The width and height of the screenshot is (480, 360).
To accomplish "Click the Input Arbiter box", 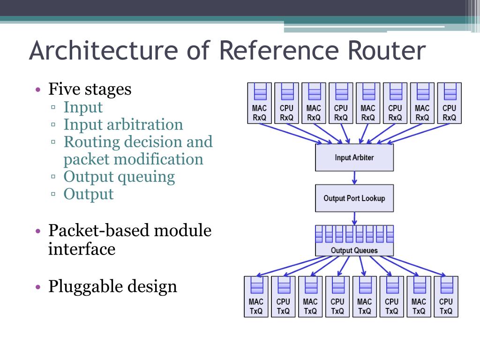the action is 354,157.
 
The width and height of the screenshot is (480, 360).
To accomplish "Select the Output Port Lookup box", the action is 354,198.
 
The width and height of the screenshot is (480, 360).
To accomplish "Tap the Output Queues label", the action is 354,250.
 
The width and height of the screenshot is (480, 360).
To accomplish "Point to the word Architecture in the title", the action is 104,50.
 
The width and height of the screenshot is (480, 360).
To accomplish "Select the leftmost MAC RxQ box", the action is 259,103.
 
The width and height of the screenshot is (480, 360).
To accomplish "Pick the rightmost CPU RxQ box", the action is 450,103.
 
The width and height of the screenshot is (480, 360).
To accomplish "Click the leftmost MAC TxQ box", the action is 256,297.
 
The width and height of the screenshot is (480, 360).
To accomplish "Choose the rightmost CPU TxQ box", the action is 446,297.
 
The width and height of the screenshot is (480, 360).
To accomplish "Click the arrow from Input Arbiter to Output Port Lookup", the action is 354,178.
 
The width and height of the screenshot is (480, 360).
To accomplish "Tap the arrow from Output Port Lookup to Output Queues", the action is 354,218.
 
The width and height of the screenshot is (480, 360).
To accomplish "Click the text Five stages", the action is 90,90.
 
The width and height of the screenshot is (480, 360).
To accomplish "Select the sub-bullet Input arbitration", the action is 123,124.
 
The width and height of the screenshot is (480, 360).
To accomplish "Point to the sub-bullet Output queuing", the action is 119,177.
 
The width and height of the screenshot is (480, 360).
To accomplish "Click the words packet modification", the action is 133,159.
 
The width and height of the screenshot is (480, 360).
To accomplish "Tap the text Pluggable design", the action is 112,287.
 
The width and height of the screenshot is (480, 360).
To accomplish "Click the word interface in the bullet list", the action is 82,248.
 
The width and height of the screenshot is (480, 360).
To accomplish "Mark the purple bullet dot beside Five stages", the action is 38,90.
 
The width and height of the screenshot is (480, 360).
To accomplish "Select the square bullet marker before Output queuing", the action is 53,177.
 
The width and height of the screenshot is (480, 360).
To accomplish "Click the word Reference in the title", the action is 279,50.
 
